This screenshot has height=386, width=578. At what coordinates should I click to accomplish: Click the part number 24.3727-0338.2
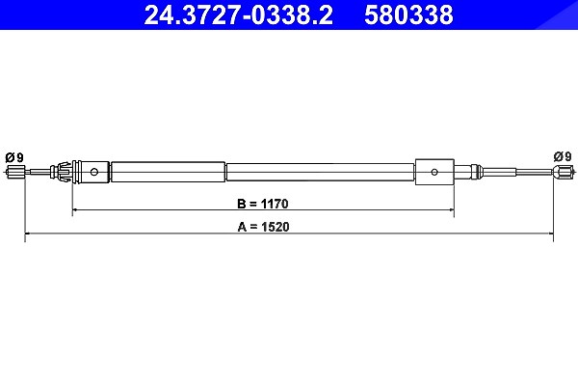click(x=239, y=15)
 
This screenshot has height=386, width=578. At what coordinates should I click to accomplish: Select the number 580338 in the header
click(x=408, y=15)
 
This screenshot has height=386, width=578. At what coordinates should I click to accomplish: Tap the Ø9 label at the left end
click(x=14, y=157)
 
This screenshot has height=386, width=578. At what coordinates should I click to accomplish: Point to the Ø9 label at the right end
click(x=563, y=156)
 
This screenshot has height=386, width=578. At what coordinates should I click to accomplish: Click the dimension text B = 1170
click(x=263, y=204)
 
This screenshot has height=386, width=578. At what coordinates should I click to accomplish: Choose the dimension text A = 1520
click(x=263, y=227)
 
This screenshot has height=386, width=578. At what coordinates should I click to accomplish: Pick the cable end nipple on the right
click(x=563, y=172)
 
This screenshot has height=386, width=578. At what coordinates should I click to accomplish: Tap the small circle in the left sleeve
click(x=94, y=172)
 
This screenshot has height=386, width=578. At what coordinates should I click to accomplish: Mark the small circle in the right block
click(x=434, y=172)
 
